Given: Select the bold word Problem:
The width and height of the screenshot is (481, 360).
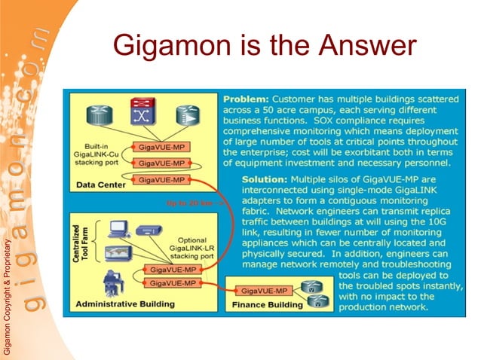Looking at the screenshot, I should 245,99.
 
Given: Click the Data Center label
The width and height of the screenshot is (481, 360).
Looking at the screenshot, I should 101,184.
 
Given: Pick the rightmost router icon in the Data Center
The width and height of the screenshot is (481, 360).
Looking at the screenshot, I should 184,114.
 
